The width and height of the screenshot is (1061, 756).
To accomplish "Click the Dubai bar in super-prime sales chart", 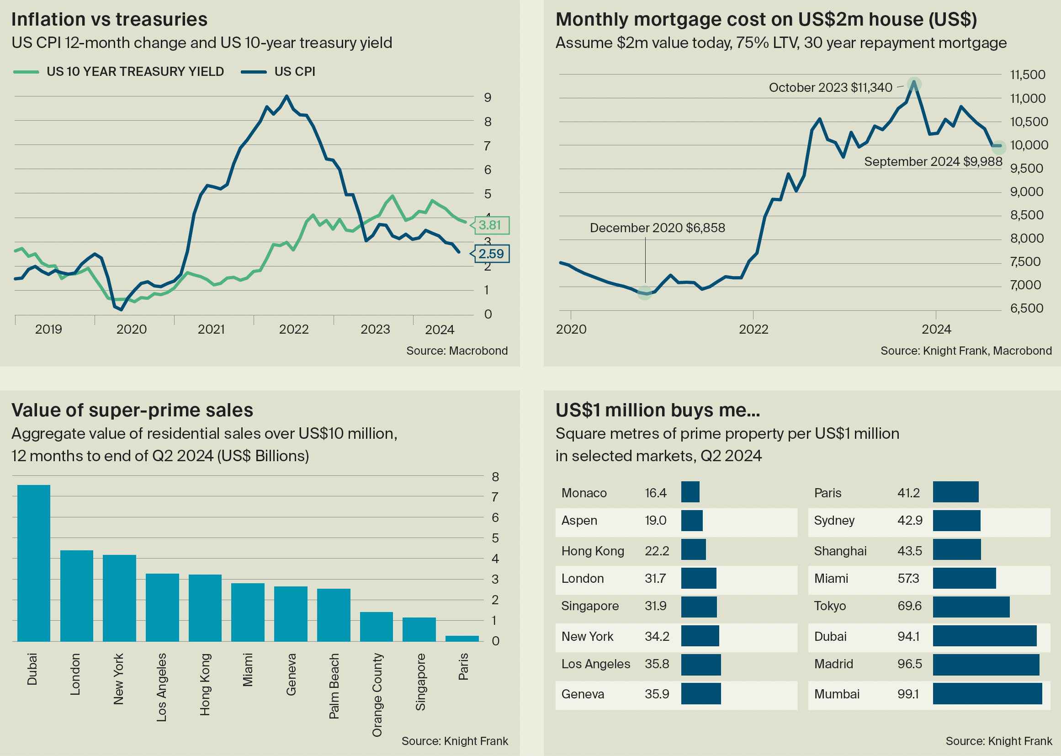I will tap(33, 563).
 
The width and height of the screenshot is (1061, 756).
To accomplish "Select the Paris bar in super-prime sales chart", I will tap(462, 638).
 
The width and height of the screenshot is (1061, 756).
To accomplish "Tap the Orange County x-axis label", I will tap(377, 695).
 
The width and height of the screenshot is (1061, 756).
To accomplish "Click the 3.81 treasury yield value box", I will tap(491, 225).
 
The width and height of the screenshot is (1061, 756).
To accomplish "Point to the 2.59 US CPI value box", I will tap(491, 254).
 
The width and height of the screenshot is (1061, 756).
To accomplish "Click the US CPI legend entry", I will tap(278, 72).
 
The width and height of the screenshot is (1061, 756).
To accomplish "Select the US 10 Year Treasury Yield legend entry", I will tap(119, 72).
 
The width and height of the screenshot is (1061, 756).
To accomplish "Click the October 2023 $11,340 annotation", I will tap(830, 87).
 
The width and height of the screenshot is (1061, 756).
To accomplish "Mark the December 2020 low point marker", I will tap(645, 293).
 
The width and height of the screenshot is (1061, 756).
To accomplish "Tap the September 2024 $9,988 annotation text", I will tap(933, 161).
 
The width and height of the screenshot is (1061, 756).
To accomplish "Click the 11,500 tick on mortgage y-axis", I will tap(1028, 75).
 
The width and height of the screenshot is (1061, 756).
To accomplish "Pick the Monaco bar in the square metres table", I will tap(690, 492).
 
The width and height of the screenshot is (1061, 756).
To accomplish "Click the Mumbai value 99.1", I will tap(908, 694).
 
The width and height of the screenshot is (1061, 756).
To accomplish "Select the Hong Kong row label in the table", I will tap(592, 551).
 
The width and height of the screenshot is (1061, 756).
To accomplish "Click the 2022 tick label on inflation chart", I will tap(294, 330).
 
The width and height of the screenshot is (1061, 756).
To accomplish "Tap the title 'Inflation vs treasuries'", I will tap(109, 20).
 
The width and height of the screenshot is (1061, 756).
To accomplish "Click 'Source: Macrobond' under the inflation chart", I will tap(456, 351).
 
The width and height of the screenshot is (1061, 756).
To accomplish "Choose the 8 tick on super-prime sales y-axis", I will tap(495, 477).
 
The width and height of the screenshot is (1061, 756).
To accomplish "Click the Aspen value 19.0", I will tap(655, 521).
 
